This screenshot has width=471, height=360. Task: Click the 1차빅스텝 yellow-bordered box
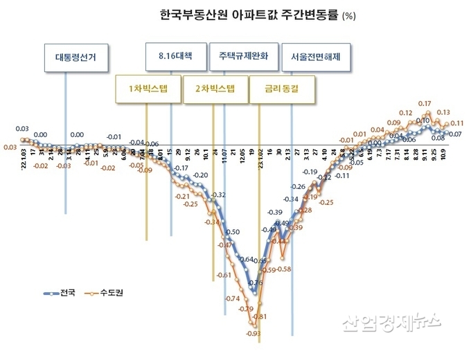tap(148, 89)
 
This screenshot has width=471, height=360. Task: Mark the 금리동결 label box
tap(281, 89)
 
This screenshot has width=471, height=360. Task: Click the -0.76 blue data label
tap(256, 282)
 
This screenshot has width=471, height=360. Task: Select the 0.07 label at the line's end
tap(456, 134)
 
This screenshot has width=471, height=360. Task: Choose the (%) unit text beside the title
tap(353, 15)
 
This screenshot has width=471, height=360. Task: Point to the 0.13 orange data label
tap(443, 111)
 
